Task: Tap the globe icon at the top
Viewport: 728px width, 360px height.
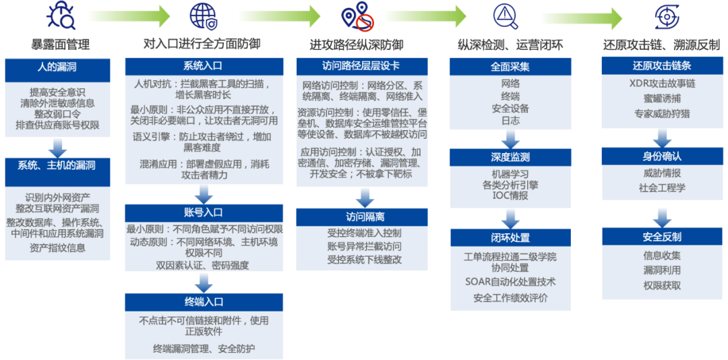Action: coord(202,16)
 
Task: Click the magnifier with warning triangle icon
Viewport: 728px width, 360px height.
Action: coord(506,16)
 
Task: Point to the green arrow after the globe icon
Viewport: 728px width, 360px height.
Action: coord(280,16)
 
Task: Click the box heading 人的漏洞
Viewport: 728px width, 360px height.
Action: coord(57,67)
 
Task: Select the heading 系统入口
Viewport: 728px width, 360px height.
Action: coord(203,66)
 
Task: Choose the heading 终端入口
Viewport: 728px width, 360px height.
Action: coord(204,301)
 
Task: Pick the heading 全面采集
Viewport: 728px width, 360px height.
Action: coord(510,67)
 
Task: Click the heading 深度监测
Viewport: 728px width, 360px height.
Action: coord(510,157)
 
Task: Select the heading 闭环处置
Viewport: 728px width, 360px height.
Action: coord(510,238)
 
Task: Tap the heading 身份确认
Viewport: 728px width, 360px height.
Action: coord(662,156)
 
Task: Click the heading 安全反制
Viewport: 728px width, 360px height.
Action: coord(662,237)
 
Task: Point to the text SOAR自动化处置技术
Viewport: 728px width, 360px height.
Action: coord(510,282)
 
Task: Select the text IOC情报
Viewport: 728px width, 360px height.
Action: coord(510,196)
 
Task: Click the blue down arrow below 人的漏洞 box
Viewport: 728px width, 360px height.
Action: coord(57,147)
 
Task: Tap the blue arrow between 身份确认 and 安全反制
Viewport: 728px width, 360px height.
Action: coord(662,216)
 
